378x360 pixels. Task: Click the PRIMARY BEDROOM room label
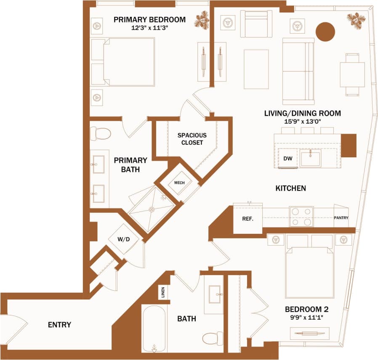[x=149, y=19]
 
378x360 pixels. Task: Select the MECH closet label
[x=180, y=183]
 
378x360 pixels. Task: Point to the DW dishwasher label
[x=288, y=159]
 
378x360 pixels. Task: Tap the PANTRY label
[x=341, y=218]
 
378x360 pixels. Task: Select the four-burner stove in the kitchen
[x=301, y=217]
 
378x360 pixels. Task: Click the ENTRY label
[x=59, y=325]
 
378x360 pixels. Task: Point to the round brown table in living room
[x=325, y=32]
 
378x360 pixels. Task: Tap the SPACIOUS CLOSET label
[x=192, y=139]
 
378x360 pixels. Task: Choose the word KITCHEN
[x=290, y=188]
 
